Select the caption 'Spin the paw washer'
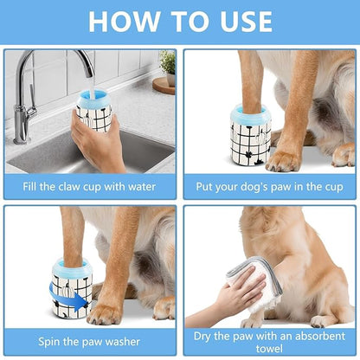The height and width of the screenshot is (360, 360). (89, 342)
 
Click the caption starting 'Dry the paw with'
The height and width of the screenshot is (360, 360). (270, 337)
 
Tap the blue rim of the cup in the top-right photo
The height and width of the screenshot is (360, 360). (252, 112)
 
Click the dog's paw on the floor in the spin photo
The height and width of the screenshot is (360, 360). (106, 312)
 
